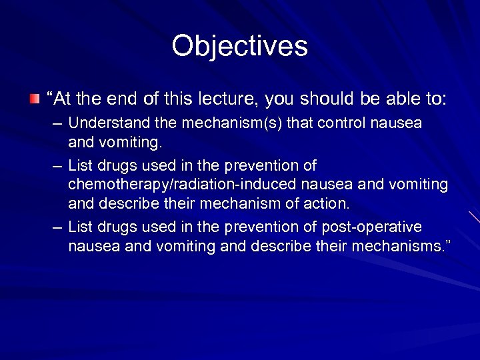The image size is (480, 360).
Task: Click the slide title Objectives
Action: pos(239,46)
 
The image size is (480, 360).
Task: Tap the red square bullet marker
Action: pos(35,99)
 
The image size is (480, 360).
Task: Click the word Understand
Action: pos(107,124)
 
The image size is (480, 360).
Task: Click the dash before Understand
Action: pos(59,125)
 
